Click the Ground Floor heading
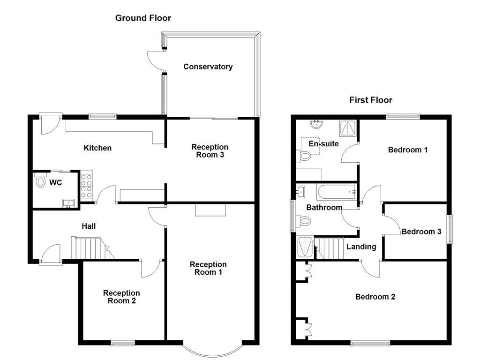[x=143, y=18]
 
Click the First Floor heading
[x=370, y=100]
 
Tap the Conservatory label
[x=208, y=67]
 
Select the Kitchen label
[x=97, y=148]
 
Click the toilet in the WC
[x=40, y=181]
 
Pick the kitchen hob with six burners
[x=87, y=186]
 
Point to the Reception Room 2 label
[x=121, y=297]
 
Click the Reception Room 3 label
[x=210, y=151]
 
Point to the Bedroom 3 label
[x=421, y=232]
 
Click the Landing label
[x=361, y=247]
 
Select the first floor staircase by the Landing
[x=330, y=248]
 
